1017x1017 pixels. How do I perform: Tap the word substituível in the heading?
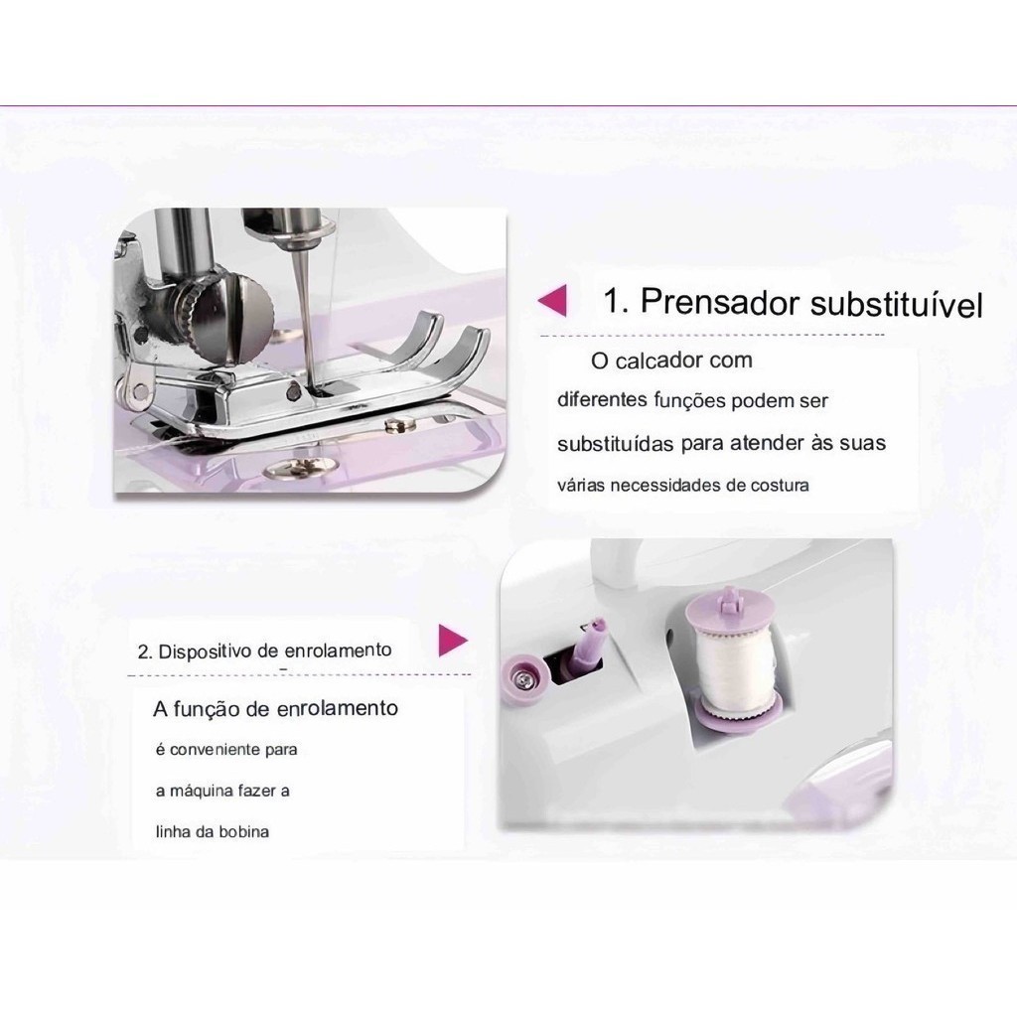coord(897,304)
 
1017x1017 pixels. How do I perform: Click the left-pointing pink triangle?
coord(552,300)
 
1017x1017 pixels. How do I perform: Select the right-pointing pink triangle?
coord(453,641)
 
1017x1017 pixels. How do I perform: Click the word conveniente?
coord(206,750)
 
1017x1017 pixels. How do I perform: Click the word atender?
coord(768,443)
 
